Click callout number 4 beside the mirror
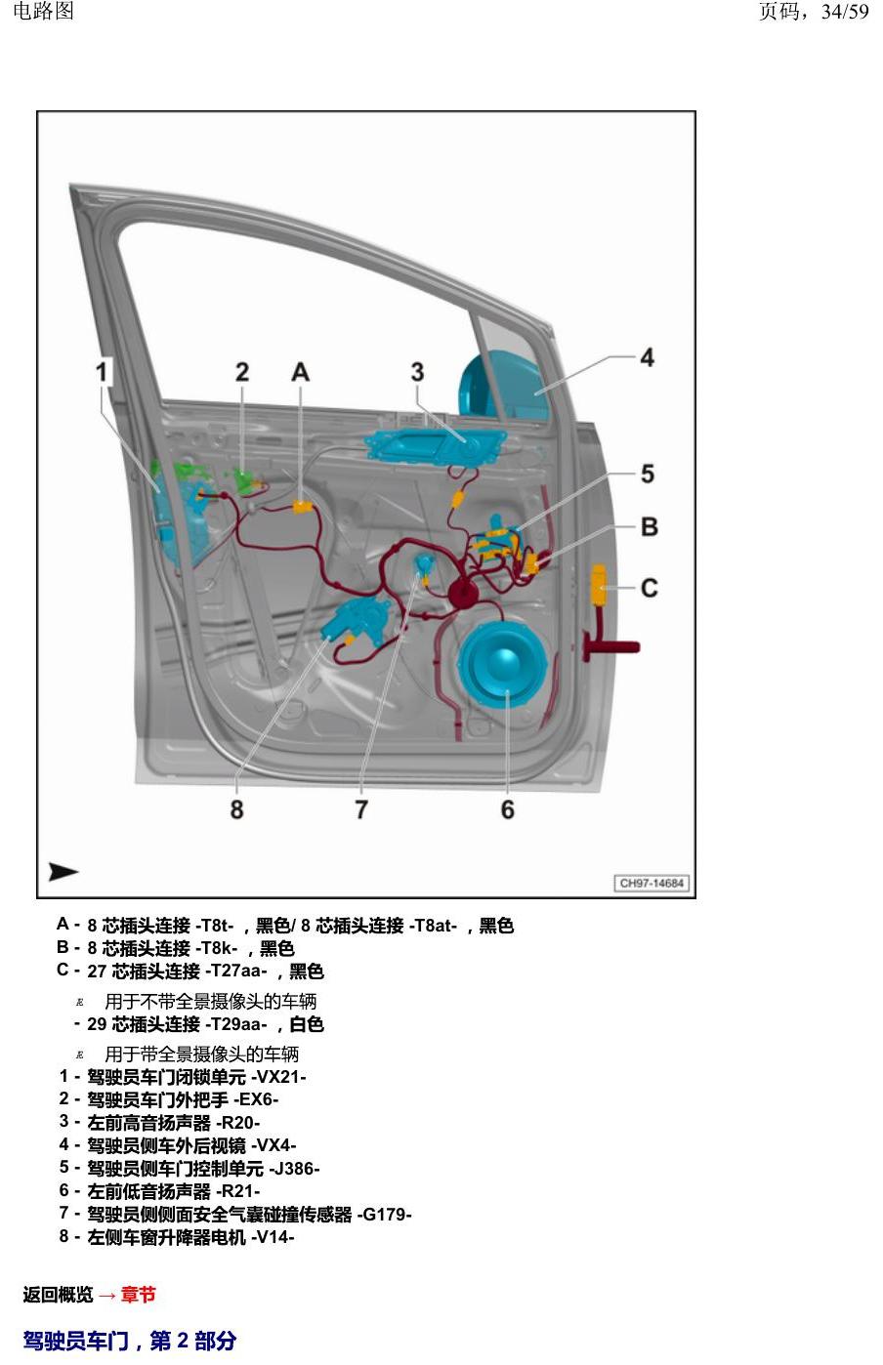(648, 357)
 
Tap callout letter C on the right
(650, 588)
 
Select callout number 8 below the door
(236, 809)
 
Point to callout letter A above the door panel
(301, 372)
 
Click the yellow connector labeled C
(598, 585)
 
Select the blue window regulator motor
(357, 622)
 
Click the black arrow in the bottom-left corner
(63, 872)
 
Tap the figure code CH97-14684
(652, 883)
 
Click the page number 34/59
(845, 12)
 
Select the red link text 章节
(139, 1295)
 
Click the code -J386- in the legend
(294, 1169)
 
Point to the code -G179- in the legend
(384, 1215)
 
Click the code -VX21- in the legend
(278, 1077)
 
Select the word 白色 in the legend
(306, 1023)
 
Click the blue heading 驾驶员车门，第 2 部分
(129, 1342)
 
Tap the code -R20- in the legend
(237, 1123)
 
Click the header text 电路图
(43, 11)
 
